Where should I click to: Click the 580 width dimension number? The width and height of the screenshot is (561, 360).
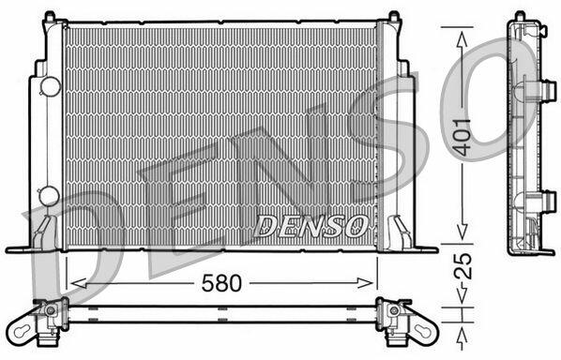pos(221,283)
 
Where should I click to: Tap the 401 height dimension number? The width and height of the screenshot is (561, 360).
pos(462,137)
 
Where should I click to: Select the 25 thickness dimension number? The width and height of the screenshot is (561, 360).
pos(463,266)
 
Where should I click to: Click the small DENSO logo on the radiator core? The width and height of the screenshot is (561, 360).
pos(310,226)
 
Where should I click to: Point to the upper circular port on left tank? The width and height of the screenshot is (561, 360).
pos(51,86)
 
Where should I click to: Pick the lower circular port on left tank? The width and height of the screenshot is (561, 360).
pos(50,196)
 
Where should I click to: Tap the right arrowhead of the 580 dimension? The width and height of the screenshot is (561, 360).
pos(365,283)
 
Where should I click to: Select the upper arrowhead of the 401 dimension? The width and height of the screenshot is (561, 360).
pos(462,39)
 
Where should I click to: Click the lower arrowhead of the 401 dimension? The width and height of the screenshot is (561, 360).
pos(462,232)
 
